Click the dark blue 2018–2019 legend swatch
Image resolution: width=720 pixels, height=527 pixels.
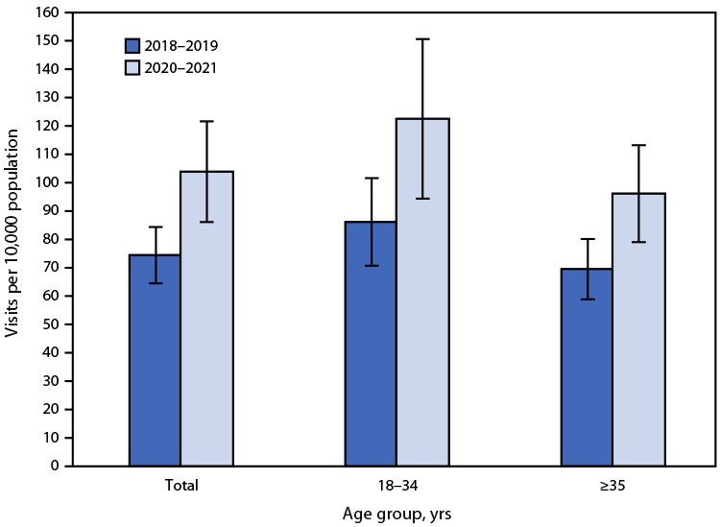(x=132, y=45)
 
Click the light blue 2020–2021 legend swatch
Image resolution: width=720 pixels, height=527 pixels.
(x=132, y=68)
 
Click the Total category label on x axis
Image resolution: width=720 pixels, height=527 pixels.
(x=180, y=486)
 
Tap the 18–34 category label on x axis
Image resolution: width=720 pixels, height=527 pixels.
(x=396, y=486)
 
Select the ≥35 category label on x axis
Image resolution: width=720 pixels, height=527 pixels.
(x=612, y=486)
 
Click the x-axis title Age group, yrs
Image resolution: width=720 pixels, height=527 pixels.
(x=396, y=514)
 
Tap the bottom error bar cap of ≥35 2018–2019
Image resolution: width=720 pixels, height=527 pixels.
(x=587, y=299)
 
